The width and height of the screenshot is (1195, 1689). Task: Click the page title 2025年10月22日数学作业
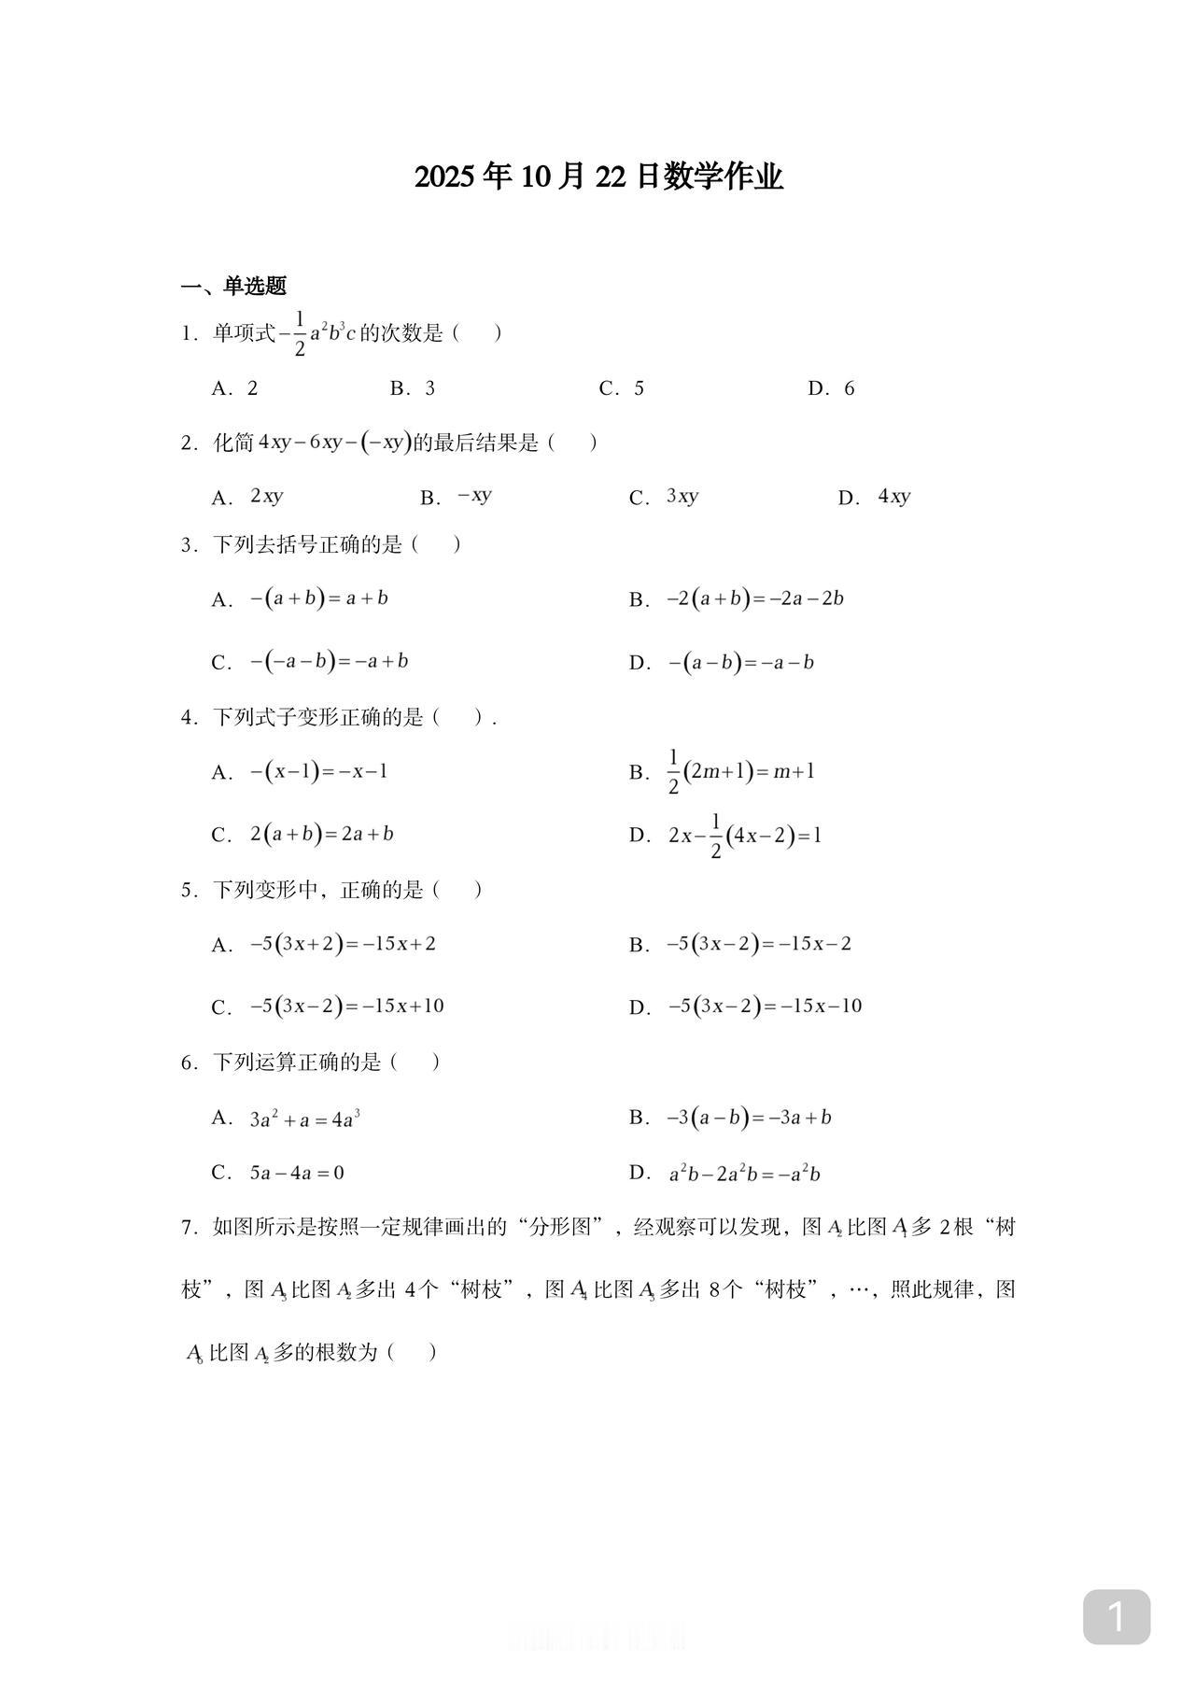[598, 176]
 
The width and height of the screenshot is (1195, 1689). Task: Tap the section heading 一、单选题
[233, 286]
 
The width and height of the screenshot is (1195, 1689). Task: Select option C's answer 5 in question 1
[639, 388]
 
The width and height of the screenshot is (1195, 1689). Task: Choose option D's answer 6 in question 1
[849, 388]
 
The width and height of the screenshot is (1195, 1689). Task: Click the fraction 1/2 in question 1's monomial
[300, 333]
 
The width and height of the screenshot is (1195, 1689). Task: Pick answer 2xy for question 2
[266, 497]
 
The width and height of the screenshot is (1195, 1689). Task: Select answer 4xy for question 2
[893, 497]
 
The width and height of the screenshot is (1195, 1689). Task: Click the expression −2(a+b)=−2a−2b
[754, 598]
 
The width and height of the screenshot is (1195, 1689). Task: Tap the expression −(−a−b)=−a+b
[329, 662]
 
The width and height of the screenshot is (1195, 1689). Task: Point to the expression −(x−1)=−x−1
[318, 772]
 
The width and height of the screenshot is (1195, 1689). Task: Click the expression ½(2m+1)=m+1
[741, 772]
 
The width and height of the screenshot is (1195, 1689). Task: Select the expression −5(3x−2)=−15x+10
[346, 1006]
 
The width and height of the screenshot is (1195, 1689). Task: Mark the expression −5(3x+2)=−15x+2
[343, 944]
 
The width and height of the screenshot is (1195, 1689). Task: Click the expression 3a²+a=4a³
[304, 1119]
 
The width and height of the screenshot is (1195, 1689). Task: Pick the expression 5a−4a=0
[297, 1173]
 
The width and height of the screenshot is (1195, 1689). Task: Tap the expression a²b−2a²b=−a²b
[744, 1174]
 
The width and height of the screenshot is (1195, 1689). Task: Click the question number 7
[187, 1227]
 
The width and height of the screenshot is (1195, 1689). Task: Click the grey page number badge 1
[1116, 1617]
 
